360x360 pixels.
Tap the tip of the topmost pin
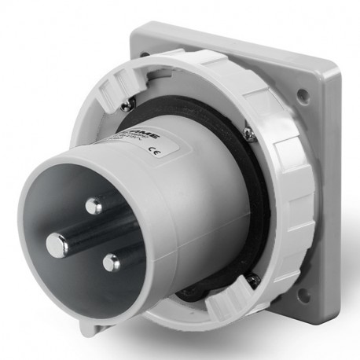(x=94, y=207)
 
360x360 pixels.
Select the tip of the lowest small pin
(x=112, y=262)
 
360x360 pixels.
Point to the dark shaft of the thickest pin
(x=79, y=236)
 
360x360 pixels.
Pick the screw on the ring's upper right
(x=248, y=135)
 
